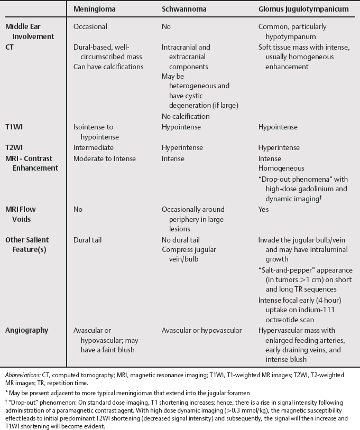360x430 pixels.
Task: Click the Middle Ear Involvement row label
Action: (30, 31)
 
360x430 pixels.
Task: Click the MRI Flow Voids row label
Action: (21, 214)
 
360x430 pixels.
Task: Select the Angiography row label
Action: (26, 330)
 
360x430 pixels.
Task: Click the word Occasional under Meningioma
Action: (90, 26)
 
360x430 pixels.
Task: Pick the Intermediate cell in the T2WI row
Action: (94, 148)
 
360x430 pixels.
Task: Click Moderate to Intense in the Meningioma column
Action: (105, 158)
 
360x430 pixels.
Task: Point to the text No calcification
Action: (186, 116)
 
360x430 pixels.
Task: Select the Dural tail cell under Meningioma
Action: (88, 239)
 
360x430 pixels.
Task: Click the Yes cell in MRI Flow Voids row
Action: (264, 209)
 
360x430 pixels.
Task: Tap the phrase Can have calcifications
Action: (108, 67)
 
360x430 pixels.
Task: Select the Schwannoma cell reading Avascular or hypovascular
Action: (201, 330)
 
